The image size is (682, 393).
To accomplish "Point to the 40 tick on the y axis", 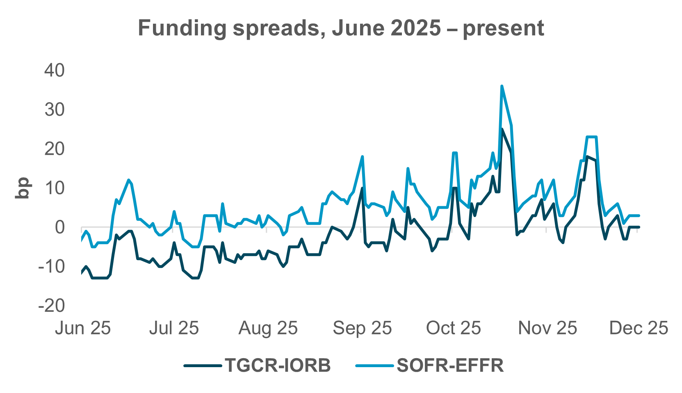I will [55, 71].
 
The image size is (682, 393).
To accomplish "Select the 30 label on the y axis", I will [55, 110].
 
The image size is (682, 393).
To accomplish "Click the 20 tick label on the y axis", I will [55, 149].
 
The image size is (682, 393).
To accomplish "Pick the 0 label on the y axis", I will [60, 227].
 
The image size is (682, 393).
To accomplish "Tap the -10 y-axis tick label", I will [51, 266].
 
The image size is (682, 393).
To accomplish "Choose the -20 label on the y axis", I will [51, 305].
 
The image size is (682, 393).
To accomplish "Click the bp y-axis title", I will [22, 188].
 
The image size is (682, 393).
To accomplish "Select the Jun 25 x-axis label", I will [83, 328].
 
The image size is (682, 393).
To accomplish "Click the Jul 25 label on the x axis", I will [174, 328].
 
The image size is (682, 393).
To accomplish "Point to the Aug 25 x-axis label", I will [268, 328].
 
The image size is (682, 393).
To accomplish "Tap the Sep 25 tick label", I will [362, 328].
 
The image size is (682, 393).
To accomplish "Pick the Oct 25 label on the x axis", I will [454, 328].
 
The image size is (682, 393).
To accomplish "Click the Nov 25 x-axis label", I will [547, 328].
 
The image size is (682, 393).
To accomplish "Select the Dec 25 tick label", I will [639, 328].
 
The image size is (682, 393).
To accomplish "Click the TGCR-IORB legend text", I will [278, 365].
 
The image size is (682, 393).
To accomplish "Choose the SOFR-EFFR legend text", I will [450, 365].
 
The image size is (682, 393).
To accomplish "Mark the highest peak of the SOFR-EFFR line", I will [502, 86].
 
